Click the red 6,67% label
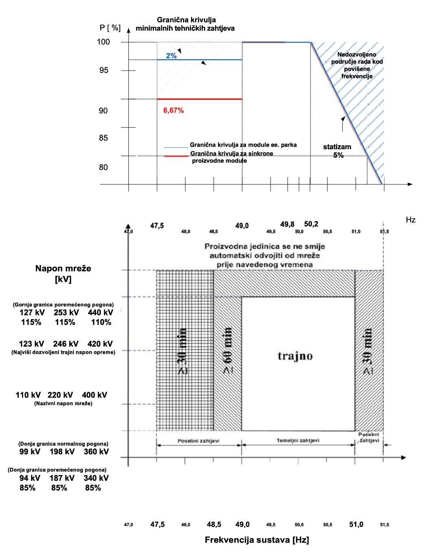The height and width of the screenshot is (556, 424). click(x=174, y=110)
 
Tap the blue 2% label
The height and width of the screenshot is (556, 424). click(x=171, y=56)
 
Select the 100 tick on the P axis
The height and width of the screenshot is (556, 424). click(x=103, y=42)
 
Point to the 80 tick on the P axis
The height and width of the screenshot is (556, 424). click(x=103, y=167)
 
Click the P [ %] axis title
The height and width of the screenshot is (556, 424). click(x=110, y=28)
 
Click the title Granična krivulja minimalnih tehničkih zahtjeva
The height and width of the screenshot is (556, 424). click(x=185, y=24)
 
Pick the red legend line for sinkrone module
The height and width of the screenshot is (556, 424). click(x=176, y=156)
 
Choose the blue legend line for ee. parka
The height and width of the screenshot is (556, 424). click(x=176, y=147)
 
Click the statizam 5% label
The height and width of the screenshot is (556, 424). click(x=337, y=151)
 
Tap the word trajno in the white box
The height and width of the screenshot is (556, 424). click(x=295, y=356)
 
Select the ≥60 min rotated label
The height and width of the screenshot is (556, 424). click(x=228, y=351)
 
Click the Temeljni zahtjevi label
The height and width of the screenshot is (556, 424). click(x=298, y=441)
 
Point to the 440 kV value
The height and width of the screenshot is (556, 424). click(x=101, y=313)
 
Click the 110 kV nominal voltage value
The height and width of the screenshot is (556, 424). click(x=28, y=395)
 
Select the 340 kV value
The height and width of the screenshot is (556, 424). click(x=96, y=478)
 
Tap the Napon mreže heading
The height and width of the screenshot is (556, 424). click(x=63, y=269)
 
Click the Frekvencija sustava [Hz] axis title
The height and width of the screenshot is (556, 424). click(x=257, y=540)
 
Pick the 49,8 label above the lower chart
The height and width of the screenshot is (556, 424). click(x=287, y=224)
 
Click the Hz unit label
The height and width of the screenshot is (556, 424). click(x=411, y=220)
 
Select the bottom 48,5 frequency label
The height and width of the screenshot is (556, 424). click(x=214, y=525)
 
